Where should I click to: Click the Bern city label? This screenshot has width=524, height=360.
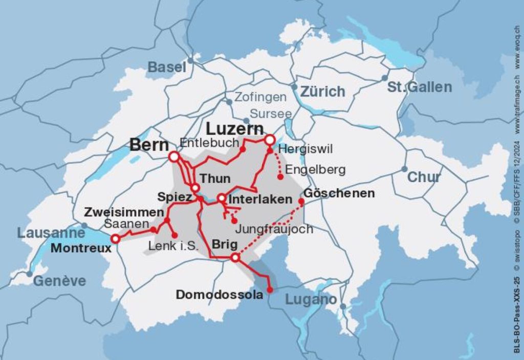149,145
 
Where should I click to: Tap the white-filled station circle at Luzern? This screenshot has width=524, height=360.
269,140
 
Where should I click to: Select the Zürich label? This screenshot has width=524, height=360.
322,92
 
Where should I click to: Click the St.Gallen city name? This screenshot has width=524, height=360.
419,87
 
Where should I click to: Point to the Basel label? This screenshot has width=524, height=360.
167,67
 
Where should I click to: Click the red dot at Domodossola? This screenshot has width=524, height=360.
270,290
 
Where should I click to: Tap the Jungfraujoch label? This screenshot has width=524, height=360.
274,229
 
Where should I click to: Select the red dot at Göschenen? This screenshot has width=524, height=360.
301,201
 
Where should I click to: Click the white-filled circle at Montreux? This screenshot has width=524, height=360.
116,238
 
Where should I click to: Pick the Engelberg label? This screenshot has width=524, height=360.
315,169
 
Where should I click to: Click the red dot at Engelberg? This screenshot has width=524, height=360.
280,177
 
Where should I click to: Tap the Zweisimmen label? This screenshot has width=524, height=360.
124,212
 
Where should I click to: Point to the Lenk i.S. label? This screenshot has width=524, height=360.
173,246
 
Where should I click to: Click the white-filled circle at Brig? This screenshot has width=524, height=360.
235,258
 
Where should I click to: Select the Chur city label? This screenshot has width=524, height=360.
424,177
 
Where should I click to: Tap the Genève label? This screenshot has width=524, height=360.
59,281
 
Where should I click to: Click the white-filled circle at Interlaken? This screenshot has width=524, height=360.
221,198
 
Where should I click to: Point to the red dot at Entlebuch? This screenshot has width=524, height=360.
243,149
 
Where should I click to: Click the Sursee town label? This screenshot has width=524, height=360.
271,114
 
